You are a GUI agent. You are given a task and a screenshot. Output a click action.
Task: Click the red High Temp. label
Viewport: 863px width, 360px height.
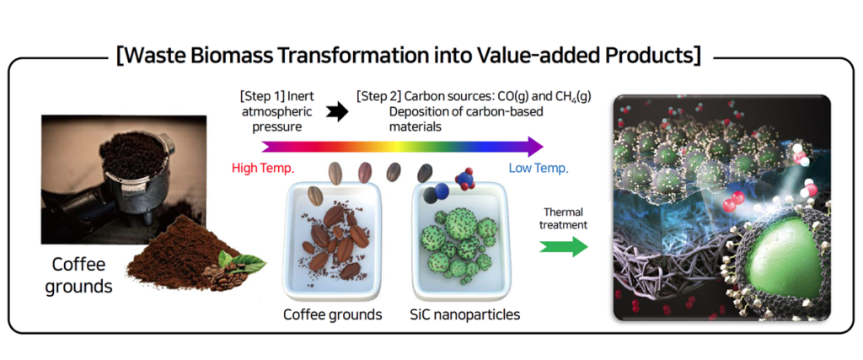(x=262, y=168)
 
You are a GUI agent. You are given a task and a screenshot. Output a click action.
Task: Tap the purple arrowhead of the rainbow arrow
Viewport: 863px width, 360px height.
(x=534, y=146)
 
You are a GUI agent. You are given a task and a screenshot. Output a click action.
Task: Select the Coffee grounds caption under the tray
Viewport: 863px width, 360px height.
(x=332, y=315)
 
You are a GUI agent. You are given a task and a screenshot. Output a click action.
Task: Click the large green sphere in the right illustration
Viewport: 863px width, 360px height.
(x=782, y=262)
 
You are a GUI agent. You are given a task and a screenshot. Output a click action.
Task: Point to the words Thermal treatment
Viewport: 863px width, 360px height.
(x=564, y=218)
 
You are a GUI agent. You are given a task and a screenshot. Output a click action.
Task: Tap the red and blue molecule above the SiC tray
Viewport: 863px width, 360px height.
(x=464, y=179)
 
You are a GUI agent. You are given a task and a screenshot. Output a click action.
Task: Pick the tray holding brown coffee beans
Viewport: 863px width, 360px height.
(x=332, y=244)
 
